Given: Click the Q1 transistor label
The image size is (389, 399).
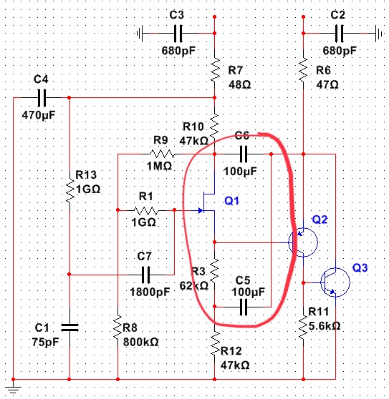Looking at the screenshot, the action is coord(231,201).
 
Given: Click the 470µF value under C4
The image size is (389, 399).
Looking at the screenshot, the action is coord(39,115).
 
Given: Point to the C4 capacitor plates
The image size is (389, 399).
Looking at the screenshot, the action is coord(42,97).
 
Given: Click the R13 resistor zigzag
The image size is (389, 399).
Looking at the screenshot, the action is coord(69,191).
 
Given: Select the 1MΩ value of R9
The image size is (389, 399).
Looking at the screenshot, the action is coord(159,166).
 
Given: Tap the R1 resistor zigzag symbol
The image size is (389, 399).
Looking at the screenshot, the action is coord(146,210).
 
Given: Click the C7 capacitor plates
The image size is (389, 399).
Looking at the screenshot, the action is coord(145,275).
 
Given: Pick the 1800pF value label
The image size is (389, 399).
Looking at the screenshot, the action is coord(150,292).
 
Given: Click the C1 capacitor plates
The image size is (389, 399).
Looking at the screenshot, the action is coord(69,327).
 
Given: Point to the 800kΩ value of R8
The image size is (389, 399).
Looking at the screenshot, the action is coord(140,342).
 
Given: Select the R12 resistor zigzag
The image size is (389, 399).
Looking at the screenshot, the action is coord(215,343).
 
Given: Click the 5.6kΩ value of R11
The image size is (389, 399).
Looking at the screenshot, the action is coord(325,326).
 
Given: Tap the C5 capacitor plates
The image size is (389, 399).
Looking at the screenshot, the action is coord(244,307).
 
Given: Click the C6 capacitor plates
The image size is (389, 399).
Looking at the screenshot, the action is coord(244,154).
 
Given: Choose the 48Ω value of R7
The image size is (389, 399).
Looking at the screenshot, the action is coord(239,84).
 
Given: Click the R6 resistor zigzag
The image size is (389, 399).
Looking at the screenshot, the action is coord(303,70).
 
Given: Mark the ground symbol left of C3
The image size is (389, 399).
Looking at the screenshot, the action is coord(140,33).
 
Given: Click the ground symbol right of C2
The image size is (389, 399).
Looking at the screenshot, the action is coord(379,33).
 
